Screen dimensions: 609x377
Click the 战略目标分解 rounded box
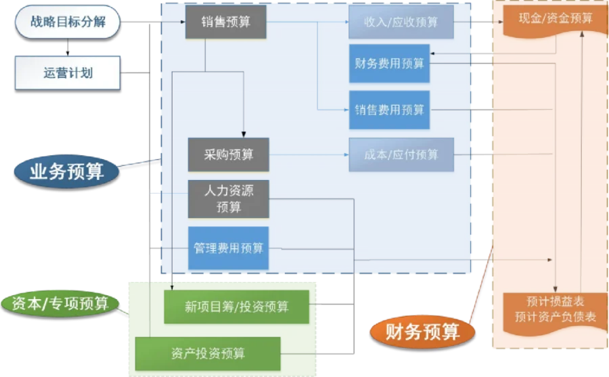(x=68, y=22)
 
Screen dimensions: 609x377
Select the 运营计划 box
(x=68, y=73)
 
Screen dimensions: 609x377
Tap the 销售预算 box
(x=226, y=22)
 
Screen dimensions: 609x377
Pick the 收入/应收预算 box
(x=401, y=22)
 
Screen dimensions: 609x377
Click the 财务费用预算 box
(x=389, y=64)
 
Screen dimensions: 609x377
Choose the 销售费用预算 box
(x=389, y=109)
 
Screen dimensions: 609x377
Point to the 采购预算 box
(x=228, y=154)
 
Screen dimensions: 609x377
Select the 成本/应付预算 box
(x=401, y=155)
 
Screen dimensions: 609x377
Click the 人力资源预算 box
(x=228, y=199)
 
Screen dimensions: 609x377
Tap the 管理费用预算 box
(x=228, y=248)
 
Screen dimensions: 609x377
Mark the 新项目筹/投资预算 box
(x=236, y=307)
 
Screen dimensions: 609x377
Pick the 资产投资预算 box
(x=208, y=353)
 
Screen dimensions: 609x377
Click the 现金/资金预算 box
(x=555, y=19)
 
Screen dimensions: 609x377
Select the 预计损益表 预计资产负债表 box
(x=555, y=309)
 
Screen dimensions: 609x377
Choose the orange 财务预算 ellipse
(x=422, y=332)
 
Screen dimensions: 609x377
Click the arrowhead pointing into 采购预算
(x=243, y=135)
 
